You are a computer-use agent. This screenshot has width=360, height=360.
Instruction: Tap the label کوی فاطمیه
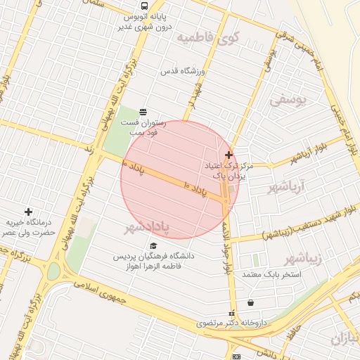point(209,37)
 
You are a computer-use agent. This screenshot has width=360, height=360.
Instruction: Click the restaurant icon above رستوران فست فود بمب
point(143,111)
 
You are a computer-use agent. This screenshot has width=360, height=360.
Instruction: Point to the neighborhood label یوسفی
point(288,100)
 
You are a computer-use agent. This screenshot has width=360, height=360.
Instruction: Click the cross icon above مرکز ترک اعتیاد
point(229,154)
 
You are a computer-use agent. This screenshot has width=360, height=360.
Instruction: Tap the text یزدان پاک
point(232,176)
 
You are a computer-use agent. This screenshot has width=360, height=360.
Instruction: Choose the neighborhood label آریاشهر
point(283,188)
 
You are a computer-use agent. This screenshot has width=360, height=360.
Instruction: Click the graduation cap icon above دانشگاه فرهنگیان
point(153,245)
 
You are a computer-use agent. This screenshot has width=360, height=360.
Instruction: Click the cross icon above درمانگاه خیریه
point(28,212)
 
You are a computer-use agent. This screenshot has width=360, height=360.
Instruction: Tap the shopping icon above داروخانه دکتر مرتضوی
point(251,302)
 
